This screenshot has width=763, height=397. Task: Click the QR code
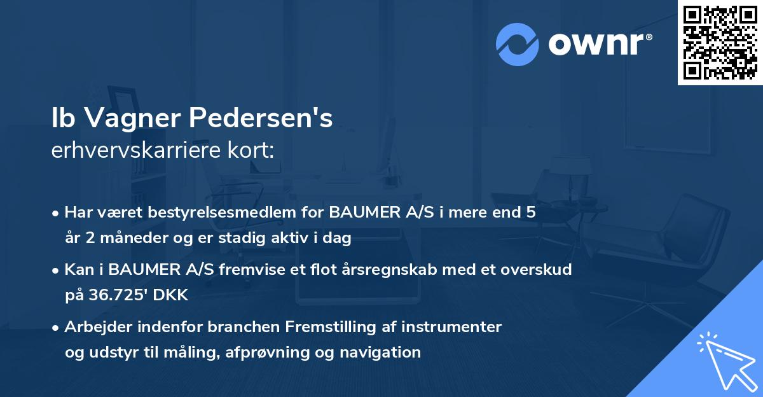(x=720, y=42)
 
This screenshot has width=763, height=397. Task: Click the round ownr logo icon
(x=517, y=45)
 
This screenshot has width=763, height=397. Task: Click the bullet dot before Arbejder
(x=56, y=328)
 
